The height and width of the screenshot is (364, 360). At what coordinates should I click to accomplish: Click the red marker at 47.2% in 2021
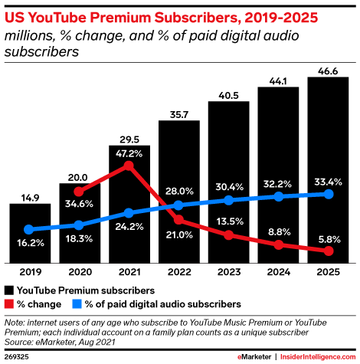[129, 166]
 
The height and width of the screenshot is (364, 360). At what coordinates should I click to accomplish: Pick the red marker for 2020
[80, 192]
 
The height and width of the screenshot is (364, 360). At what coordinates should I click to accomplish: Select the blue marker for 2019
[30, 229]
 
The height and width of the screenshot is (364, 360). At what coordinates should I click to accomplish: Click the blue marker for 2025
[328, 195]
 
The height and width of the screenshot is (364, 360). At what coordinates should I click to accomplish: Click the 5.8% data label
[328, 239]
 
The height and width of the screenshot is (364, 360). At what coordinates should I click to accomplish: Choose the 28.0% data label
[178, 191]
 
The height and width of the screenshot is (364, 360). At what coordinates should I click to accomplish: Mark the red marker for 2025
[328, 251]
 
